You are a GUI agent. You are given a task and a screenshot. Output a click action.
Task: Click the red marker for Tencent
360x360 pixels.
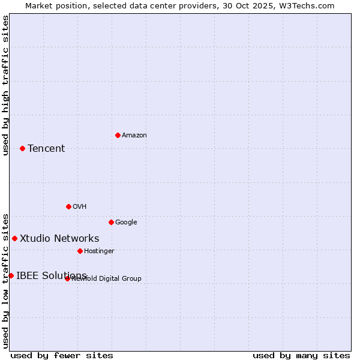click(22, 148)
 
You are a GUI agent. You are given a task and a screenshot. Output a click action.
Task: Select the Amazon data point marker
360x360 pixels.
click(118, 135)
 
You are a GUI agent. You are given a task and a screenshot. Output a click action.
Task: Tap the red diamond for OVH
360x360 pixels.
click(68, 206)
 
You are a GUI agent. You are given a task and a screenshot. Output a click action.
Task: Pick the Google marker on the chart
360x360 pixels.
click(111, 222)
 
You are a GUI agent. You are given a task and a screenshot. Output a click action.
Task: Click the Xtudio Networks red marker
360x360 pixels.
click(14, 238)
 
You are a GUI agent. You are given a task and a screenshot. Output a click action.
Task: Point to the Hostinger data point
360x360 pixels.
click(80, 251)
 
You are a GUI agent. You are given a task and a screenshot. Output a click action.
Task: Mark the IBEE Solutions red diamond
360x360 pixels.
click(11, 275)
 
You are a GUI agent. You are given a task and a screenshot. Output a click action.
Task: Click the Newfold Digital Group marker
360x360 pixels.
click(67, 278)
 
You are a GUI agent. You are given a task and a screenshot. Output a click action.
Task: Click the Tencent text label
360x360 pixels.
click(46, 149)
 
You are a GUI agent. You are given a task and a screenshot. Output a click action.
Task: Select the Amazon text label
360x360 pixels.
click(134, 136)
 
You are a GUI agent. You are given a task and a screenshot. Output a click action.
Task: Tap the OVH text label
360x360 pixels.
click(80, 207)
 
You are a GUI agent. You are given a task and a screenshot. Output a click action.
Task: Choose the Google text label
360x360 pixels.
click(126, 223)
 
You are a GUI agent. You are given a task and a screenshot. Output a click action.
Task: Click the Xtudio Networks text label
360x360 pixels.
click(59, 239)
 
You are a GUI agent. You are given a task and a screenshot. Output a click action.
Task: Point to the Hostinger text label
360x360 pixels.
click(99, 251)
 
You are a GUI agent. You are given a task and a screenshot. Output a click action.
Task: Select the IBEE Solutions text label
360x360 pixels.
click(52, 276)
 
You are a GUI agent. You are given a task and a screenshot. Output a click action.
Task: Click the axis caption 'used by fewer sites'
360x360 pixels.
click(62, 356)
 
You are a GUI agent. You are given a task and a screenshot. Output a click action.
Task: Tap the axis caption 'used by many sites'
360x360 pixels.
click(301, 356)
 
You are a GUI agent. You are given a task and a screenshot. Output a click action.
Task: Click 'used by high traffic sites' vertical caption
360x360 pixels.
click(5, 85)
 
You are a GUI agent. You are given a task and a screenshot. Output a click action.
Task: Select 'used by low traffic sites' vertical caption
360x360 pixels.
click(5, 280)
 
